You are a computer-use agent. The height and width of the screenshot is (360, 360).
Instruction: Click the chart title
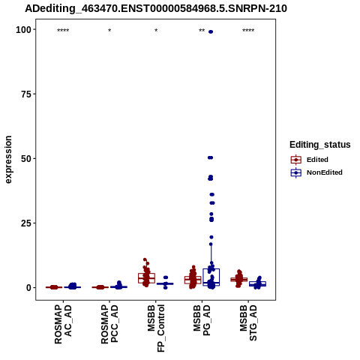point(156,9)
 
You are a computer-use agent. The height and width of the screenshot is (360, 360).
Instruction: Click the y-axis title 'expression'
point(8,160)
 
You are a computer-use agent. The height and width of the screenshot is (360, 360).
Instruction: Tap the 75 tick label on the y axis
point(26,94)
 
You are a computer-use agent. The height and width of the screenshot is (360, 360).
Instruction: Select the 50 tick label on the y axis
point(26,159)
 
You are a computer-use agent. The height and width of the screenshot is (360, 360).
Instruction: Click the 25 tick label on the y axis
point(26,223)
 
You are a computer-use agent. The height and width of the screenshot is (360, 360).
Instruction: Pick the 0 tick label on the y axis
point(29,287)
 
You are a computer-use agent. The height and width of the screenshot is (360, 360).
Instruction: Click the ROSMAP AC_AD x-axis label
point(63,324)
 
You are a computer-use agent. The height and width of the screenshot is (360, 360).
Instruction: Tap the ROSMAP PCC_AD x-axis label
point(109,324)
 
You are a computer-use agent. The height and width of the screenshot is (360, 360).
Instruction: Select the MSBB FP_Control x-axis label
point(156,328)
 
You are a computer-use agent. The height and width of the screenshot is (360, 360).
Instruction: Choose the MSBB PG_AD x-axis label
point(202,320)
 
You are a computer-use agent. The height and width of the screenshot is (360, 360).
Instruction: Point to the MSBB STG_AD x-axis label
point(248,322)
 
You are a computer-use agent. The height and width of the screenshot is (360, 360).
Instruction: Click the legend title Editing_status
point(320,145)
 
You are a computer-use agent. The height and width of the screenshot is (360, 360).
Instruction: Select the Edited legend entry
point(310,160)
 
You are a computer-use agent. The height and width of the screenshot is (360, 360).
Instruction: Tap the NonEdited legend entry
point(316,172)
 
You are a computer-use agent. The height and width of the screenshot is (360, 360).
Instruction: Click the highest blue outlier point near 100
point(211,31)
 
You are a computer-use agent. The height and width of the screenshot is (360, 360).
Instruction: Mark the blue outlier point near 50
point(210,157)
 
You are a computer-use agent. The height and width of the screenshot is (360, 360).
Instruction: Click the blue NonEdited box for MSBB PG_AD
point(211,277)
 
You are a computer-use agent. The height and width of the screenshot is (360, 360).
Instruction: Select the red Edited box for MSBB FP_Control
point(147,278)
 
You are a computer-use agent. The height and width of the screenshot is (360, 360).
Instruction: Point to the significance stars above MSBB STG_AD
point(248,31)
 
